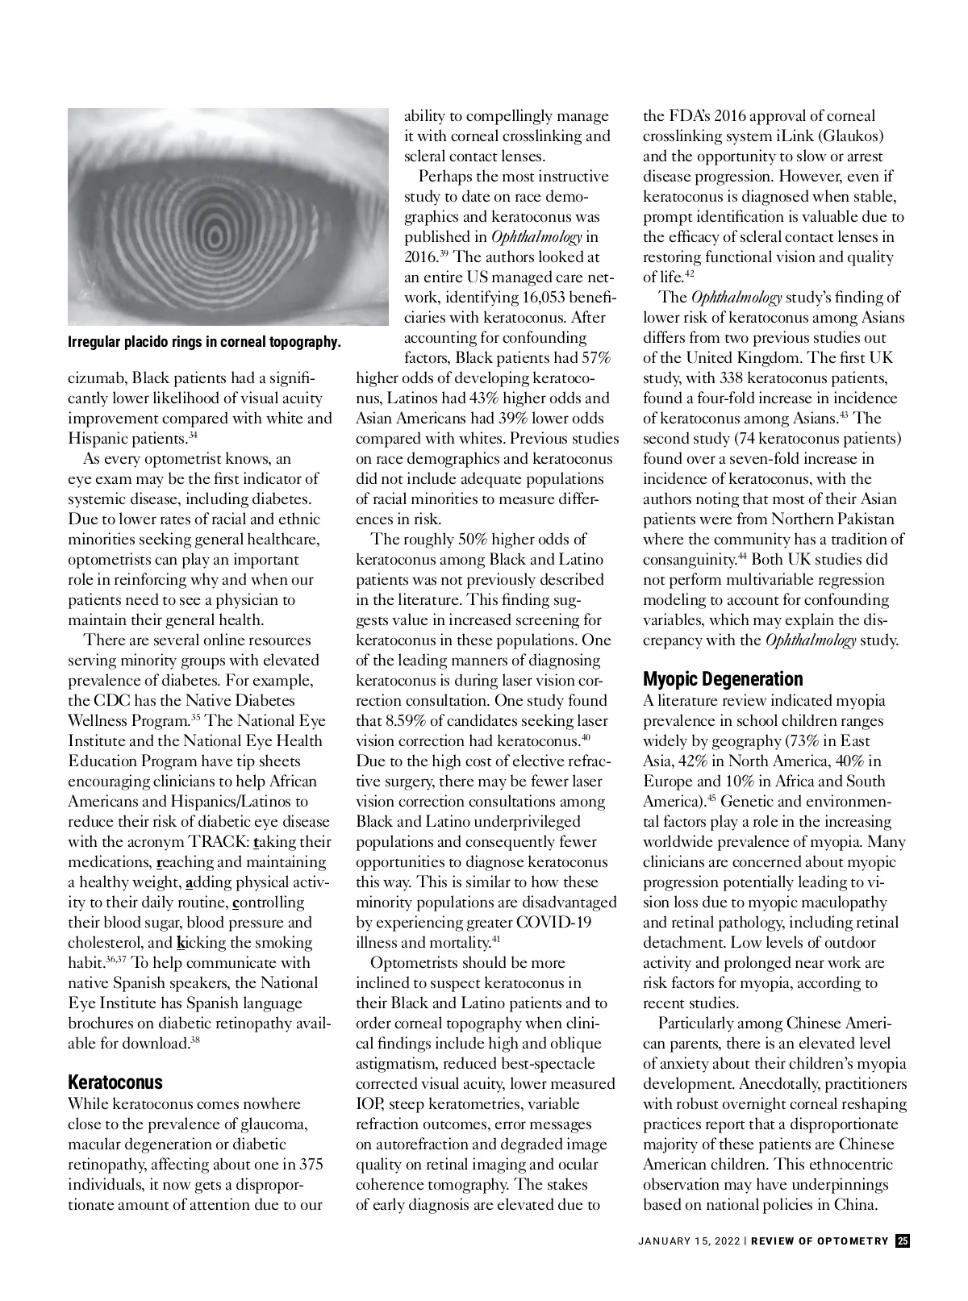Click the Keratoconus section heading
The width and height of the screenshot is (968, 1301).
click(115, 1082)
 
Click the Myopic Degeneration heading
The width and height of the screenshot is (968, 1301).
click(723, 679)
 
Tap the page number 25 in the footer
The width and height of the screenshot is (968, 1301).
click(903, 1241)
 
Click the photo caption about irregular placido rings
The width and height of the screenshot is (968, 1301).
click(204, 342)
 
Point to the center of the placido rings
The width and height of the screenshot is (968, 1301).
click(215, 235)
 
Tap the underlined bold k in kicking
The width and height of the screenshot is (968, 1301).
click(180, 943)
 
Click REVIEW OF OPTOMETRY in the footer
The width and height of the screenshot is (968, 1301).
click(820, 1241)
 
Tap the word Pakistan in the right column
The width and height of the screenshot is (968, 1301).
click(865, 519)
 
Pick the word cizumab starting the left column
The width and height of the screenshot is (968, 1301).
click(97, 378)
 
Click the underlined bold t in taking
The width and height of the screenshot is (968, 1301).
click(256, 842)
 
